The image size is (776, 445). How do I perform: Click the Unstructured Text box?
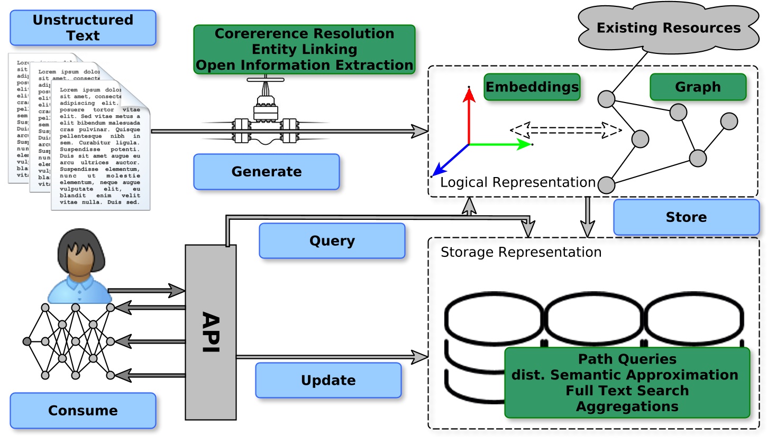(83, 27)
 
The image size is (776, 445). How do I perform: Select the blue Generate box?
(267, 172)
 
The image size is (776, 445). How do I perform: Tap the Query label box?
(332, 240)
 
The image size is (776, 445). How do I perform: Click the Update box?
(328, 380)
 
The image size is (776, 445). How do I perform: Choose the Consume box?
(83, 411)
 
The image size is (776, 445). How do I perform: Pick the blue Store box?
(686, 217)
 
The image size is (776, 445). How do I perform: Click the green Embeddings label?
(532, 87)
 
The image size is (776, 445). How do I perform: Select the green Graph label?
(698, 87)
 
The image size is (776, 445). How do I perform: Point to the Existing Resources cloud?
(668, 28)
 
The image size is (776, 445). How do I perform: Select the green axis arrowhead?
(525, 144)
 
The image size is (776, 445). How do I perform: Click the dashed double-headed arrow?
(565, 129)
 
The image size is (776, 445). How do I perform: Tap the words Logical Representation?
(518, 182)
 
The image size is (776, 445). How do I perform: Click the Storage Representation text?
(521, 252)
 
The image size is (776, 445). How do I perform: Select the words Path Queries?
(627, 359)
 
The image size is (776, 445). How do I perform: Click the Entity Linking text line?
(304, 49)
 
